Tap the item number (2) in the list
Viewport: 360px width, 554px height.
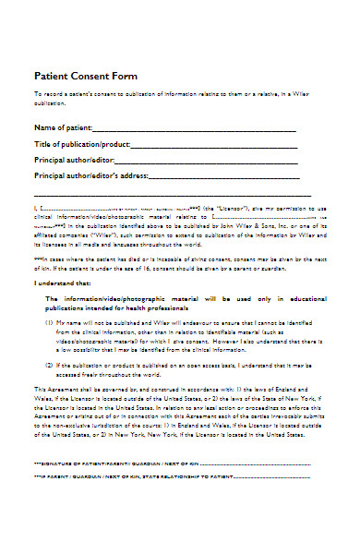click(49, 366)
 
